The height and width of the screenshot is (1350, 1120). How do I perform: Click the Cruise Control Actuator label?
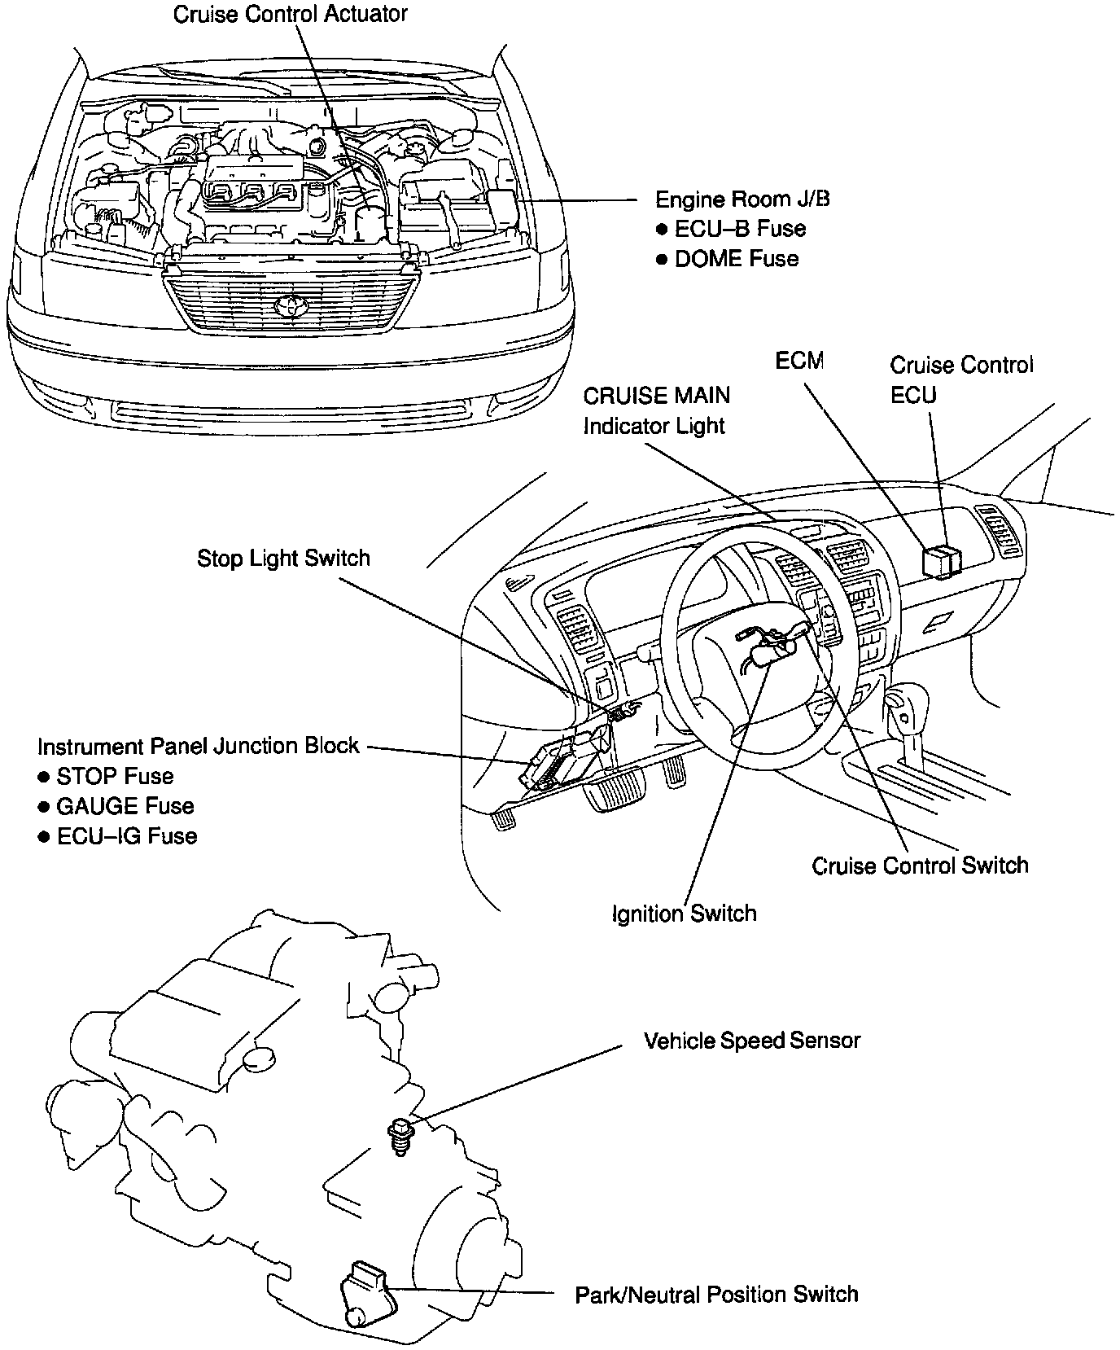290,14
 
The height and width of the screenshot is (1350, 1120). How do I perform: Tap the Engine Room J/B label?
742,199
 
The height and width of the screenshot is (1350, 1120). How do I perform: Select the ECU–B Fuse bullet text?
740,229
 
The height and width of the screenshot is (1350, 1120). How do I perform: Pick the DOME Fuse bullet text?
737,259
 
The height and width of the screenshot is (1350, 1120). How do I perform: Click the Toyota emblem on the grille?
287,307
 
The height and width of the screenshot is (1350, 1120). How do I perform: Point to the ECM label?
798,360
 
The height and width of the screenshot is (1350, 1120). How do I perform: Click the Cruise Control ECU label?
960,379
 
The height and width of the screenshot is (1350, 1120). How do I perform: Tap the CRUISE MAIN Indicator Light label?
656,410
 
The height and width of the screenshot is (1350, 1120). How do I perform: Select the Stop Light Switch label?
283,559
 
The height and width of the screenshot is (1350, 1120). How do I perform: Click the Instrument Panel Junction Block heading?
198,746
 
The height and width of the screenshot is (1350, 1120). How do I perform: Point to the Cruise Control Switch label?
920,865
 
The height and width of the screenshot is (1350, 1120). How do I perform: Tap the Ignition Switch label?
684,914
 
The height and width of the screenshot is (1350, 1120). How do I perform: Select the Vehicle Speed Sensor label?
751,1041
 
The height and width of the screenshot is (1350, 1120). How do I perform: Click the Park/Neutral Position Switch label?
716,1294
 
